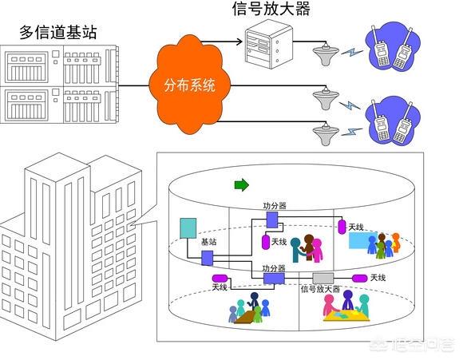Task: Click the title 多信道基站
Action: tap(58, 32)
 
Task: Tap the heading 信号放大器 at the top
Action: tap(271, 9)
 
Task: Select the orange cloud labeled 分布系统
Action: tap(189, 85)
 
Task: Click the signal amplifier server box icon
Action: tap(269, 44)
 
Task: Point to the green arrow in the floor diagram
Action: tap(242, 185)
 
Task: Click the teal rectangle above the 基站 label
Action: tap(188, 228)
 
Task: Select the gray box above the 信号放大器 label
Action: tap(323, 279)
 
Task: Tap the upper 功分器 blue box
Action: tap(272, 220)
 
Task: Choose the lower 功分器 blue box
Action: tap(274, 279)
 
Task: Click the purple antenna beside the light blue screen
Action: tap(342, 227)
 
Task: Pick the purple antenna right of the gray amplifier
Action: tap(360, 279)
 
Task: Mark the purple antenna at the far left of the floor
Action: tap(220, 279)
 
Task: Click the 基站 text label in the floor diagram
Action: tap(209, 242)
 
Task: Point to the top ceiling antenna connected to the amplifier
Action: tap(326, 54)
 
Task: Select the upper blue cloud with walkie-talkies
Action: tap(393, 45)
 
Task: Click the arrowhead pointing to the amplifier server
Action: tap(239, 41)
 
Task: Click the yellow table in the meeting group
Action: tap(346, 316)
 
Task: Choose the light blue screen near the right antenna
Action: tap(363, 240)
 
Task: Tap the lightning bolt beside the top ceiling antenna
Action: tap(352, 52)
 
